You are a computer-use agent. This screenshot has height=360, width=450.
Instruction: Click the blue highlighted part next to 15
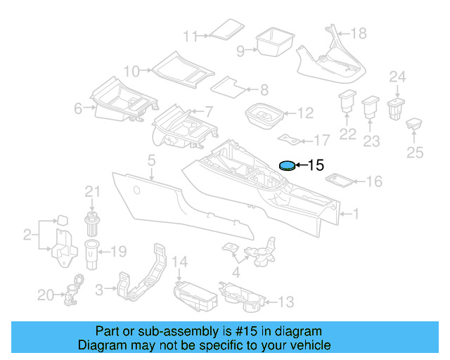tap(287, 166)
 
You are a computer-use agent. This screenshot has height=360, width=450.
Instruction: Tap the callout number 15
tap(316, 166)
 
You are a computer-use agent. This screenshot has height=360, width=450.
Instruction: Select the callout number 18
tap(359, 33)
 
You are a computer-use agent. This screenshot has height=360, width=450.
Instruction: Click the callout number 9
tap(240, 51)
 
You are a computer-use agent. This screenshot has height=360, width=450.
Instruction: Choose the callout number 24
tap(398, 77)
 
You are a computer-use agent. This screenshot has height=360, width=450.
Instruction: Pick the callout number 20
tap(46, 295)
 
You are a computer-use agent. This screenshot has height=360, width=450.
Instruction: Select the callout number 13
tap(285, 302)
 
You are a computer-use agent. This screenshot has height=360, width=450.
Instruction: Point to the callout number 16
tap(373, 182)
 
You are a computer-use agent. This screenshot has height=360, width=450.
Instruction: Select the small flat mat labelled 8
tap(229, 86)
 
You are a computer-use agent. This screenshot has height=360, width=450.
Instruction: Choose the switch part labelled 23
tap(370, 108)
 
